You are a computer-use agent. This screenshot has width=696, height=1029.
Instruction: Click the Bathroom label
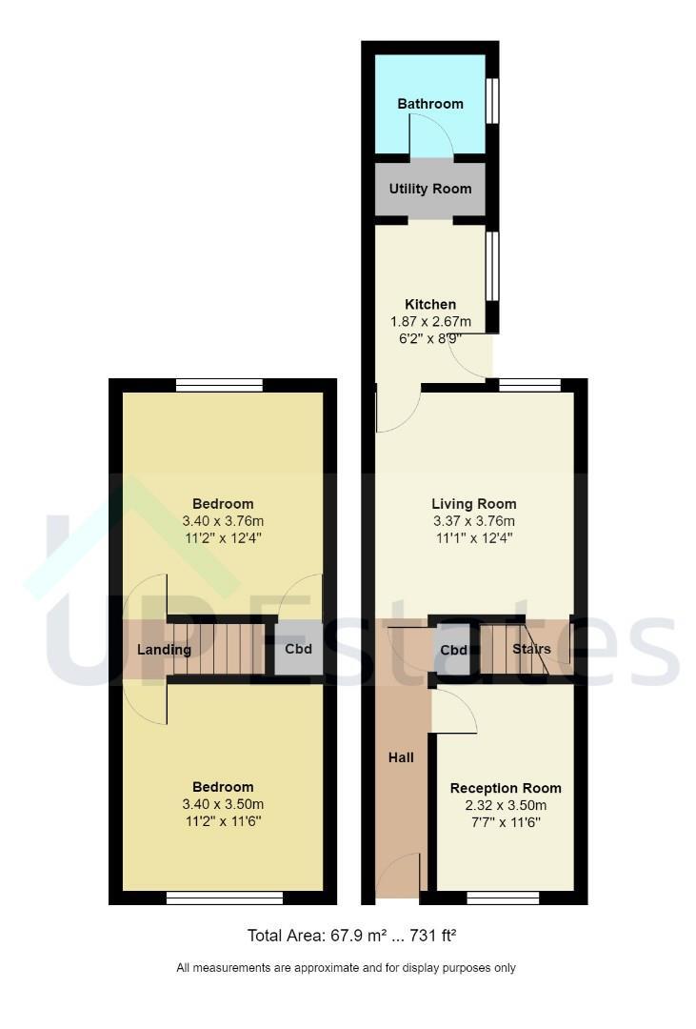click(x=430, y=104)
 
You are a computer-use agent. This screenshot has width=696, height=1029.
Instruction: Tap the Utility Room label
click(x=430, y=189)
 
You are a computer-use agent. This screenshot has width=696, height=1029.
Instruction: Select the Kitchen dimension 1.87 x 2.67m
click(x=430, y=322)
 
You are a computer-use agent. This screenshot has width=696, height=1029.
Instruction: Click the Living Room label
click(x=473, y=504)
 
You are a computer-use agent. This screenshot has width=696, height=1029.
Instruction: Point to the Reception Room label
click(x=506, y=788)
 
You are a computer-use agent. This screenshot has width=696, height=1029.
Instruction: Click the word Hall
click(x=401, y=757)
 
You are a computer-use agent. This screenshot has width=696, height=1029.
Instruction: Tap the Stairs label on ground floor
click(x=531, y=649)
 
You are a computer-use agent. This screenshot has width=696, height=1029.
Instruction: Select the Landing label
click(x=164, y=650)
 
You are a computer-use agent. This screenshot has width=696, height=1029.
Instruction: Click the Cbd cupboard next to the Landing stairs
click(x=298, y=649)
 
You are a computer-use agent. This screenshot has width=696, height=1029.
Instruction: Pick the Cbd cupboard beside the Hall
click(x=453, y=650)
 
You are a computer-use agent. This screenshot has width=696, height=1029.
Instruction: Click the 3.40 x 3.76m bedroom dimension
click(x=223, y=521)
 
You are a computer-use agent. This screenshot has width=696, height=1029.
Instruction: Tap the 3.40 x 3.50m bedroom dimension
click(x=223, y=804)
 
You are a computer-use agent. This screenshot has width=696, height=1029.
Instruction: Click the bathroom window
click(x=492, y=100)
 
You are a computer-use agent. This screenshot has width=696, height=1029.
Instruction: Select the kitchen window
click(x=492, y=266)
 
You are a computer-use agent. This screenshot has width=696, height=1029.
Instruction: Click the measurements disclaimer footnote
click(x=346, y=967)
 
